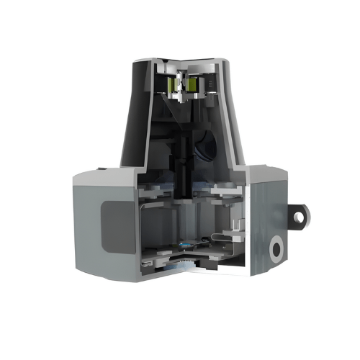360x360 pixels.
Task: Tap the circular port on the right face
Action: (276, 250)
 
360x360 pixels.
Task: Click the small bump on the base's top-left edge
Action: (101, 168)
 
